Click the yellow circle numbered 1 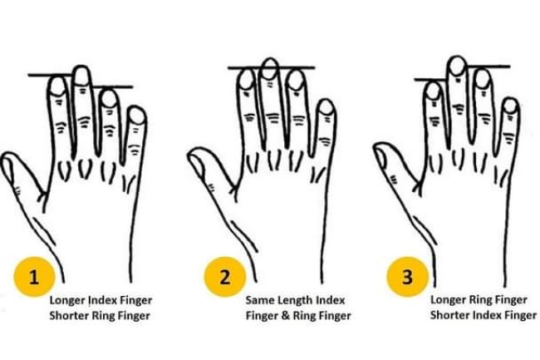click(33, 277)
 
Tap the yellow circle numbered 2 click(223, 277)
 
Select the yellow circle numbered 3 click(406, 277)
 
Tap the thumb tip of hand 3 click(382, 155)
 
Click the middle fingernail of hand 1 click(81, 76)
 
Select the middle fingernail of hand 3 click(455, 66)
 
